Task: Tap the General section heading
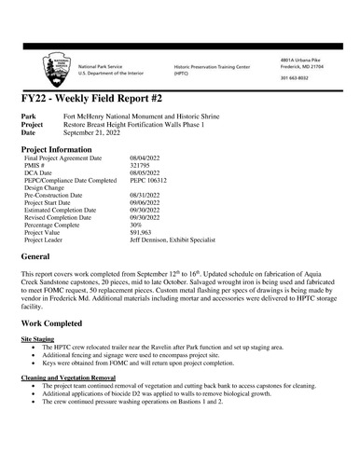point(39,255)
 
